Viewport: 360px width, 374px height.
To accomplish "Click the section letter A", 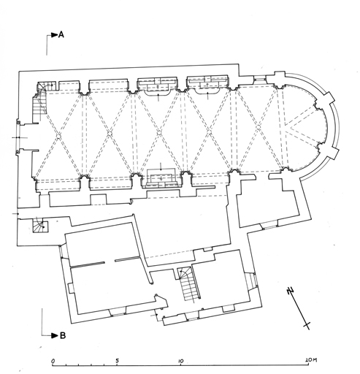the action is pyautogui.click(x=61, y=35).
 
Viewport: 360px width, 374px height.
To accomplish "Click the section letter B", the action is pyautogui.click(x=63, y=335).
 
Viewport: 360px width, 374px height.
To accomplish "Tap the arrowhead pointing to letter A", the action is pyautogui.click(x=55, y=35).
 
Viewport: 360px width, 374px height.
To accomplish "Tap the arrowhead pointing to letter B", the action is pyautogui.click(x=55, y=335).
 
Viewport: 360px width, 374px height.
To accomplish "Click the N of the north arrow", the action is pyautogui.click(x=290, y=291).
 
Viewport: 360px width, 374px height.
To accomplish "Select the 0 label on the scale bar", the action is pyautogui.click(x=53, y=361).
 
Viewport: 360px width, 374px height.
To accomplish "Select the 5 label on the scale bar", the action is pyautogui.click(x=117, y=361).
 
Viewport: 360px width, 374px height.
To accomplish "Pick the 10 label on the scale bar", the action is pyautogui.click(x=181, y=361).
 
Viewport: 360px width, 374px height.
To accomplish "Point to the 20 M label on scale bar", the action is pyautogui.click(x=311, y=360).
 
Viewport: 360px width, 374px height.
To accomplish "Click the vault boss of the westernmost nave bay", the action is pyautogui.click(x=58, y=135).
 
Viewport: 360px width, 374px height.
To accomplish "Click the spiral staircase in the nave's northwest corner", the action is pyautogui.click(x=41, y=99).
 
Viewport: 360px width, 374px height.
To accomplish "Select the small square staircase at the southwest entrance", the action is pyautogui.click(x=40, y=225).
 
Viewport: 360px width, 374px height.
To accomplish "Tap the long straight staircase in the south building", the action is pyautogui.click(x=189, y=285).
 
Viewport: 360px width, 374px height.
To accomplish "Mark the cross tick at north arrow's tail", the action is pyautogui.click(x=307, y=325).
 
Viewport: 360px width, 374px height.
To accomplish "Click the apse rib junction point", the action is pyautogui.click(x=286, y=126).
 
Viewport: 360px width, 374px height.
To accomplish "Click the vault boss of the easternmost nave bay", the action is pyautogui.click(x=258, y=126).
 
